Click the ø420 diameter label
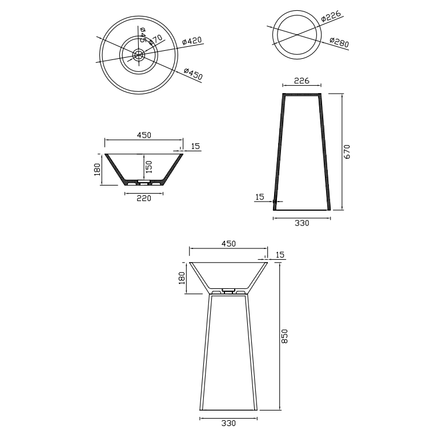click(x=192, y=41)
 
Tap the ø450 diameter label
click(x=193, y=74)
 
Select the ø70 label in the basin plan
click(x=155, y=39)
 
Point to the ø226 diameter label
click(x=331, y=16)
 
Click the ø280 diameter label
click(x=339, y=42)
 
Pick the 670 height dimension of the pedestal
click(x=347, y=152)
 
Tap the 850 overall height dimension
click(x=284, y=336)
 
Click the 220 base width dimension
click(x=144, y=199)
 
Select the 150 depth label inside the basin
click(x=149, y=167)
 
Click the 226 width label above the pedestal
click(x=302, y=81)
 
